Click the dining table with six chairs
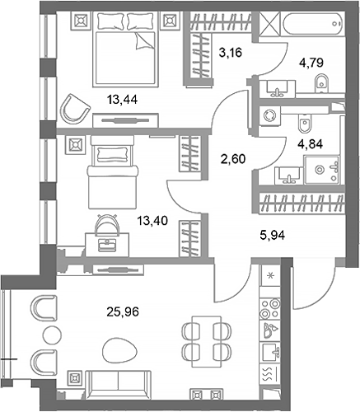(202, 339)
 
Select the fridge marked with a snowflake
(269, 277)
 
